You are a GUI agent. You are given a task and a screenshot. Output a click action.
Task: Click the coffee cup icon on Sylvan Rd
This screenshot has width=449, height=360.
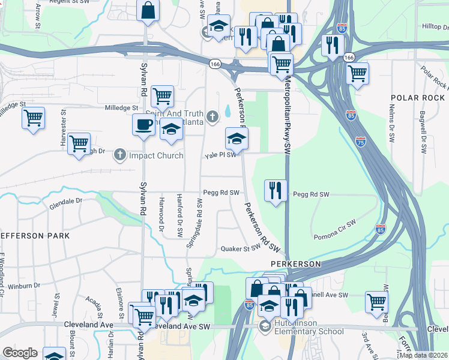pos(143,125)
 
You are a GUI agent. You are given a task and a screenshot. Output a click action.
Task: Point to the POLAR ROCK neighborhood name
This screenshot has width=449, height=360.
pos(418,98)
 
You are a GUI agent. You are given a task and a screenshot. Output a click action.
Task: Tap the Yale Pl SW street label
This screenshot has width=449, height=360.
pos(219,155)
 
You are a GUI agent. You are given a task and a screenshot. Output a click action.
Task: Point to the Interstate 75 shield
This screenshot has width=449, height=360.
pos(360,142)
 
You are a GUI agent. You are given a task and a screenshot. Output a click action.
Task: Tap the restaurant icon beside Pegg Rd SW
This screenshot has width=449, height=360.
pos(276,191)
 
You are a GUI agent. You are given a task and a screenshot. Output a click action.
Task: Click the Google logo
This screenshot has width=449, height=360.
pos(20,353)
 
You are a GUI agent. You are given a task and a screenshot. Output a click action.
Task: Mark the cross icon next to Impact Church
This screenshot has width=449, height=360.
pos(120,155)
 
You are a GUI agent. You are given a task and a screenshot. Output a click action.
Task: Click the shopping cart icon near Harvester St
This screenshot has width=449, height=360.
pos(79,144)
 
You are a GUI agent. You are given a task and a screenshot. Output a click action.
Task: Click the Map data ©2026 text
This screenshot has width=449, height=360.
pos(423,355)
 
